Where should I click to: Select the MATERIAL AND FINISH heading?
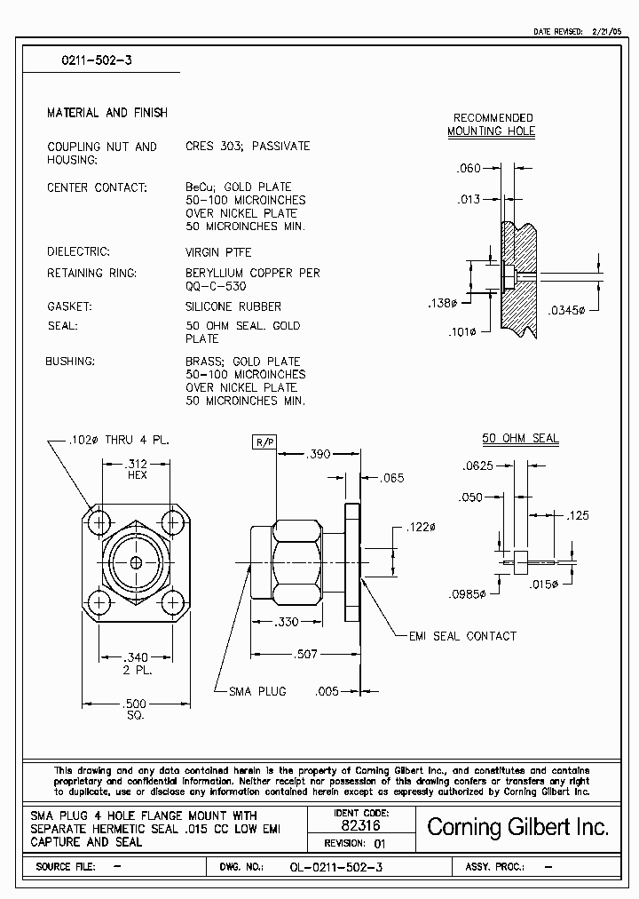(x=106, y=113)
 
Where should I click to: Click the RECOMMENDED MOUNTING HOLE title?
(x=493, y=124)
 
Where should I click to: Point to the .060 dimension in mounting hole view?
(x=468, y=169)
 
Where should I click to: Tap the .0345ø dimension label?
(x=567, y=310)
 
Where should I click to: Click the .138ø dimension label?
(x=442, y=303)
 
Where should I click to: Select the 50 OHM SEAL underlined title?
(x=520, y=439)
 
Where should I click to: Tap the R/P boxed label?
(x=265, y=442)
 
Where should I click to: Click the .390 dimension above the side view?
(x=318, y=454)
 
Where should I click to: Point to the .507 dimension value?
(x=306, y=655)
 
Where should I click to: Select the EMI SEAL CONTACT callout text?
(x=461, y=636)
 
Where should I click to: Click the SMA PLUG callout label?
(x=257, y=691)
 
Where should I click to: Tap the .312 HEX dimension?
(x=137, y=469)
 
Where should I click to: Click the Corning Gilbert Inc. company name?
(x=518, y=827)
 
